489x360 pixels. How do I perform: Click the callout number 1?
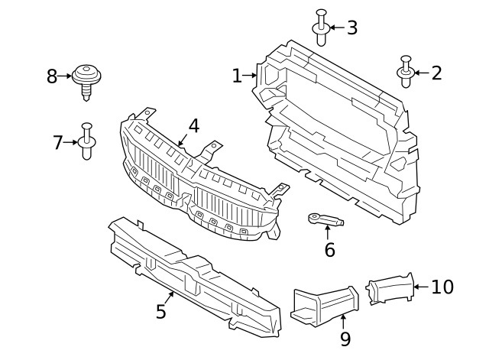237,76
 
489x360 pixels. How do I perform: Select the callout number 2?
436,73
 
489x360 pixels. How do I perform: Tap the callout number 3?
351,28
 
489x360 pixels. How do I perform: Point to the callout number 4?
194,125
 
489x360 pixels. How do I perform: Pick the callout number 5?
161,311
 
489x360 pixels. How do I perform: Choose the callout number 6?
329,250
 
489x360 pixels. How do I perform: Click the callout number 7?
58,142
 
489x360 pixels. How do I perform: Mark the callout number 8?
52,76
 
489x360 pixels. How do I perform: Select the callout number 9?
345,339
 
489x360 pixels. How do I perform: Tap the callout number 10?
442,287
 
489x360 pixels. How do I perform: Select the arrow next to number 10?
420,287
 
